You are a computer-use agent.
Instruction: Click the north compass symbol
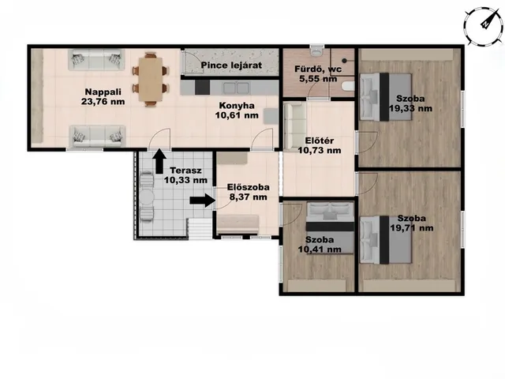484,26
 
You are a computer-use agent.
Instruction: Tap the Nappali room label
103,92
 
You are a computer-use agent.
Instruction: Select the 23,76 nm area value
103,102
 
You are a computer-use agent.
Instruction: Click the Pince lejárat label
231,65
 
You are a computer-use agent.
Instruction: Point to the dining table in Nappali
151,79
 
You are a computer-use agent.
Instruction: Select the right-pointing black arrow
203,201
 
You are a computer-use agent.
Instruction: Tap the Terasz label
186,171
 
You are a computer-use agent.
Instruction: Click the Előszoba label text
249,187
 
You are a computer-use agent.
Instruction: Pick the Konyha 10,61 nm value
237,115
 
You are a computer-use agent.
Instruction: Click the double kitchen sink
237,88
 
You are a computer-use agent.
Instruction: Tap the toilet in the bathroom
316,51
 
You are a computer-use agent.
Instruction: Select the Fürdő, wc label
318,69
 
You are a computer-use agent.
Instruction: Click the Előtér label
319,141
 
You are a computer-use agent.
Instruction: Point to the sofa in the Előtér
295,126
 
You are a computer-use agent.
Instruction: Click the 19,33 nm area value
410,108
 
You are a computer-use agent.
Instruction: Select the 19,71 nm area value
412,228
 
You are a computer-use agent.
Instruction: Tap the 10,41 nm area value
320,250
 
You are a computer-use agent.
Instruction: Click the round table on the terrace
147,197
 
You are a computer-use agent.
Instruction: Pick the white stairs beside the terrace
200,229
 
